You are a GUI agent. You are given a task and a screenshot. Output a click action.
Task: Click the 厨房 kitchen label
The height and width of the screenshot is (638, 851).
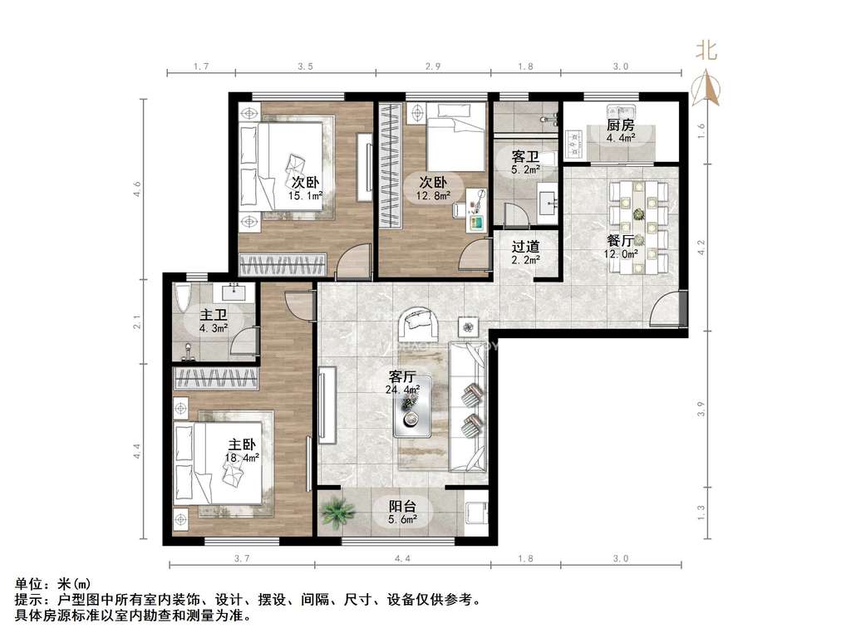(620, 125)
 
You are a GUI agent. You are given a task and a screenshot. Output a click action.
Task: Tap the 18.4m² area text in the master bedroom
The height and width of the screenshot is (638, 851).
(242, 458)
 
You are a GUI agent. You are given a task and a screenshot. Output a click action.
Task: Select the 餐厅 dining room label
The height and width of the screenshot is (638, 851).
(620, 241)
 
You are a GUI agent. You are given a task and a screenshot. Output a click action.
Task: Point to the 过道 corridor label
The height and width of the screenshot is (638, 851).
(525, 246)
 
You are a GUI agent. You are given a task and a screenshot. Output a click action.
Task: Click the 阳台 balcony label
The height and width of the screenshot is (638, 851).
(402, 507)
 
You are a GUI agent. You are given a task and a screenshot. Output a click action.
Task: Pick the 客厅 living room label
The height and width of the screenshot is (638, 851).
(402, 376)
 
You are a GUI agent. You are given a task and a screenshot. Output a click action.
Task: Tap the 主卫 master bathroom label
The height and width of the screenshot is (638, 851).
(214, 315)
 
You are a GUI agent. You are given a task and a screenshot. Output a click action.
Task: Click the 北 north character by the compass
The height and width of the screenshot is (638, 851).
(706, 51)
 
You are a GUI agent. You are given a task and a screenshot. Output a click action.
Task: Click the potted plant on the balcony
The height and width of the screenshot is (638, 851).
(337, 512)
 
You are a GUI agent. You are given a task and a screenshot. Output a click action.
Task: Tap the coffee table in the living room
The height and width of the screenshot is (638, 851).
(412, 407)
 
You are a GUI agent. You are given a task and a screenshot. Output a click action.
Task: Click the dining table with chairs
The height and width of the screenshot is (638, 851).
(638, 228)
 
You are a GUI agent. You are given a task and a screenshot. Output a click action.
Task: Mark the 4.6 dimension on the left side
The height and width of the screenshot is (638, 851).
(138, 189)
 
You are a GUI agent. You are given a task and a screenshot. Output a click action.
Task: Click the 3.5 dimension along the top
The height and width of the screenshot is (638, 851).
(306, 66)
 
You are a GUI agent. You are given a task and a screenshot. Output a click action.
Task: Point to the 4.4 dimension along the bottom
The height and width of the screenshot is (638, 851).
(402, 558)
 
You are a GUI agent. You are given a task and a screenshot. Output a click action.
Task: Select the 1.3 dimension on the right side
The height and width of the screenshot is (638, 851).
(701, 511)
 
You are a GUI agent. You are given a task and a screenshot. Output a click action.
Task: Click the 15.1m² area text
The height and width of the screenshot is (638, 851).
(306, 196)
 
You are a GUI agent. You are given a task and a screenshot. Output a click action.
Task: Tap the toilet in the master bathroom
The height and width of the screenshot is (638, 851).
(184, 297)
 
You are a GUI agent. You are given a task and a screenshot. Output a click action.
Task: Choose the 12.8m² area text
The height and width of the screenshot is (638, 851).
(433, 196)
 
